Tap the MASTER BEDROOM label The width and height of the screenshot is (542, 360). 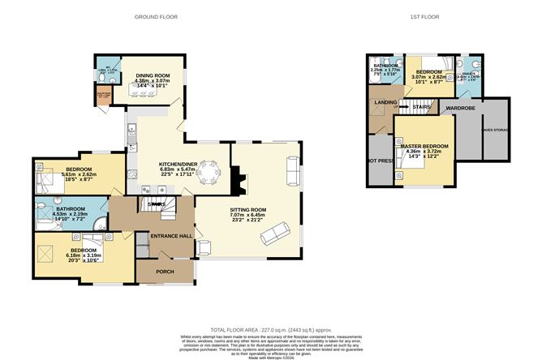423,145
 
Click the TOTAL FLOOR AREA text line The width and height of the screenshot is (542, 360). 270,330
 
